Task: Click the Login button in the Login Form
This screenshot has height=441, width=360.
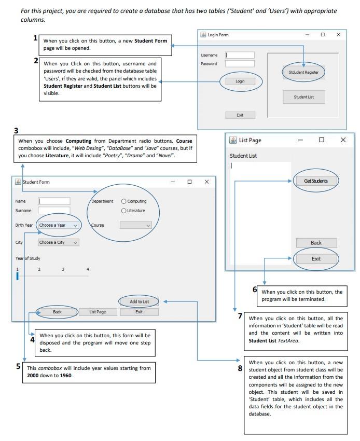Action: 240,81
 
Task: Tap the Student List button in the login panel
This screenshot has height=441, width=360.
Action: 303,97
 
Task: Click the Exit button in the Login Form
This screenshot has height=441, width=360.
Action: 240,115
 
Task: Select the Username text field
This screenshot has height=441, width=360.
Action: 240,55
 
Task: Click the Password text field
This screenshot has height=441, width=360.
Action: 240,64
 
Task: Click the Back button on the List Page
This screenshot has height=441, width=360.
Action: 316,243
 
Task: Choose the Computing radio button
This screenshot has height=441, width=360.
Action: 123,201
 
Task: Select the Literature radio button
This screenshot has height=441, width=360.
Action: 123,211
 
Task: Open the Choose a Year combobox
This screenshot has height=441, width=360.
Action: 59,226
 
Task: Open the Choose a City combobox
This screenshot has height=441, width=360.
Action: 59,242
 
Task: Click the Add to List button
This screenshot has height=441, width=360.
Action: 139,301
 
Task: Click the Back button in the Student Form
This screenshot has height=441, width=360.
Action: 57,312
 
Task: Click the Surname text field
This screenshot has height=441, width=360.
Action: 54,211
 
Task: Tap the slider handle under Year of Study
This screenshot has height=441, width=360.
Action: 17,276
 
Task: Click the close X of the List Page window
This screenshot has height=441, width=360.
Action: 343,140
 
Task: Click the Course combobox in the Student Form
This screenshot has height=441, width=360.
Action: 135,226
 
